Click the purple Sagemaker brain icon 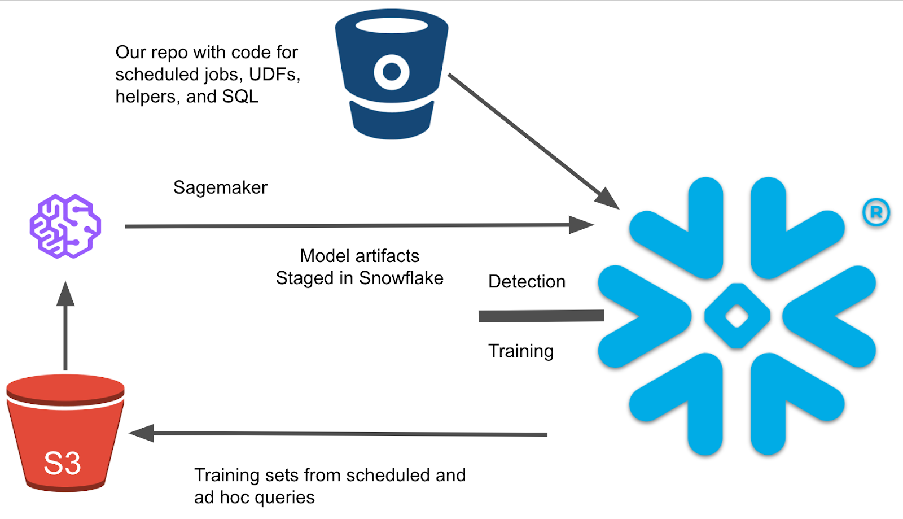65,226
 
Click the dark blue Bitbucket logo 391,73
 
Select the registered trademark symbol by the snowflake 876,212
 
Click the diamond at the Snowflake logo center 737,316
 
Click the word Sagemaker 220,187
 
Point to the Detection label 527,281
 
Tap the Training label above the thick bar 520,351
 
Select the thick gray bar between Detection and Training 541,316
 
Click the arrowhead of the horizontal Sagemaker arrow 581,225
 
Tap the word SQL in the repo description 240,97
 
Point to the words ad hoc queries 254,498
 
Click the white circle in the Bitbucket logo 391,72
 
